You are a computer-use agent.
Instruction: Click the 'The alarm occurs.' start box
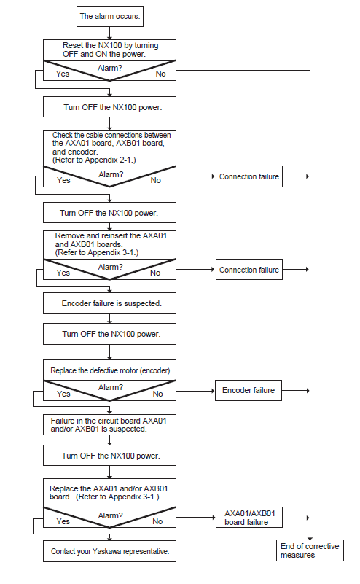110,16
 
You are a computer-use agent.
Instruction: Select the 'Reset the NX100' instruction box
109,50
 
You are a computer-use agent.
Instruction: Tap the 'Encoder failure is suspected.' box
109,303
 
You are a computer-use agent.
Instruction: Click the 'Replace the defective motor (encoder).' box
109,370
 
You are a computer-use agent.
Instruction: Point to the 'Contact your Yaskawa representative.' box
109,551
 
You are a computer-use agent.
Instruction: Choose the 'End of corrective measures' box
310,550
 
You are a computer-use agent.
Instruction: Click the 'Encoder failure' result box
249,390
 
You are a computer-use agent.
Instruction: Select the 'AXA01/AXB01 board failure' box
249,518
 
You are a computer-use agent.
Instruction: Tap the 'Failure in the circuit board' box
109,424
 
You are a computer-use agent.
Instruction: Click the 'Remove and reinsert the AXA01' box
109,245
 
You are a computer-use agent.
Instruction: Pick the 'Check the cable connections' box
109,148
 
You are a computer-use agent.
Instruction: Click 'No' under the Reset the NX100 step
160,74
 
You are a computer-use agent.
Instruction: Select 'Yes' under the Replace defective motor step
63,394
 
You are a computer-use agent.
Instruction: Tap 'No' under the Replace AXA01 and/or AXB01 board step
157,521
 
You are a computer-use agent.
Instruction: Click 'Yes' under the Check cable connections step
63,180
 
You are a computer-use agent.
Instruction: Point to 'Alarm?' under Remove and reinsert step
110,267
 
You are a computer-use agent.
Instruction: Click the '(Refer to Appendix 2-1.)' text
94,160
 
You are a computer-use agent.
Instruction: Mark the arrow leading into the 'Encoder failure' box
195,391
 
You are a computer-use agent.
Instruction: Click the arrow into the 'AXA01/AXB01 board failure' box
196,518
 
